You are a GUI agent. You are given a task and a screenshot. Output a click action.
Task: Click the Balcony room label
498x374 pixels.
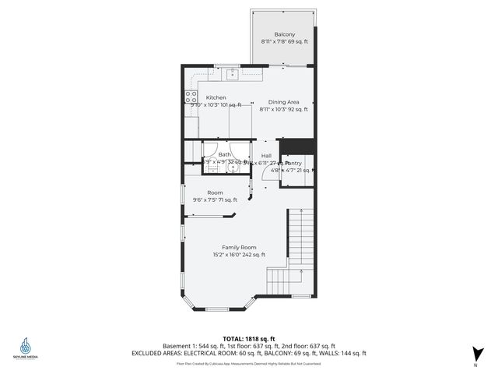[x=285, y=34]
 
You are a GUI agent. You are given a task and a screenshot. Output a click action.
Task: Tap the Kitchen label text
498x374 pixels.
[x=216, y=97]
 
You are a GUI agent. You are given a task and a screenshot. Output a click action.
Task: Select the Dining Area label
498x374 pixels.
[x=284, y=102]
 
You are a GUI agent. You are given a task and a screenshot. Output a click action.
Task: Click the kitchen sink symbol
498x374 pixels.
[x=232, y=74]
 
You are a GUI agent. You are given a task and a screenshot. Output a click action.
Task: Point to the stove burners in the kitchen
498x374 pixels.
[x=189, y=98]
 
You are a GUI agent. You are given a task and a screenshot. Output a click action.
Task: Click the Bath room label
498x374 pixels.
[x=224, y=154]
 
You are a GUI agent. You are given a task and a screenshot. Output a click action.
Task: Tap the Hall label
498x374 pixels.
[x=266, y=155]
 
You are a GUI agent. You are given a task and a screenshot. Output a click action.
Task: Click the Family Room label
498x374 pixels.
[x=239, y=247]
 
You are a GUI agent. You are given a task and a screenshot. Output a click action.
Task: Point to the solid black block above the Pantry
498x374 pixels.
[x=296, y=146]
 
